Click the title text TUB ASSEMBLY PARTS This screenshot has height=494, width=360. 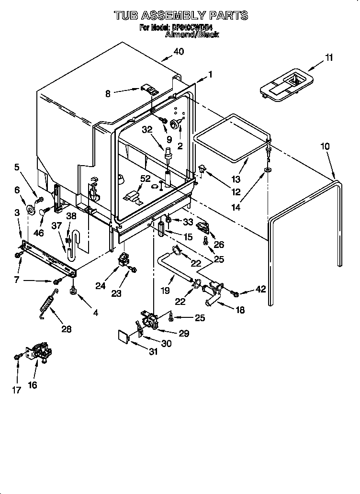(x=181, y=15)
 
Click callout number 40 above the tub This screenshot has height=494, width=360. (x=178, y=52)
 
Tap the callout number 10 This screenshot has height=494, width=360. (x=325, y=146)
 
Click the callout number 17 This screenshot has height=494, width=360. (x=17, y=390)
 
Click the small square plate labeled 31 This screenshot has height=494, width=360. (x=124, y=336)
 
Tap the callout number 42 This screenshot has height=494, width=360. (x=260, y=289)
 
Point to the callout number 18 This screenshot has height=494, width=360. (x=239, y=310)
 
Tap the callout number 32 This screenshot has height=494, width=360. (x=147, y=129)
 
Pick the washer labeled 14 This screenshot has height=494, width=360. (x=267, y=170)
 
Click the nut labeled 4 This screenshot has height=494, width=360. (x=73, y=291)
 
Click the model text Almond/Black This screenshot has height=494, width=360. (x=191, y=34)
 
